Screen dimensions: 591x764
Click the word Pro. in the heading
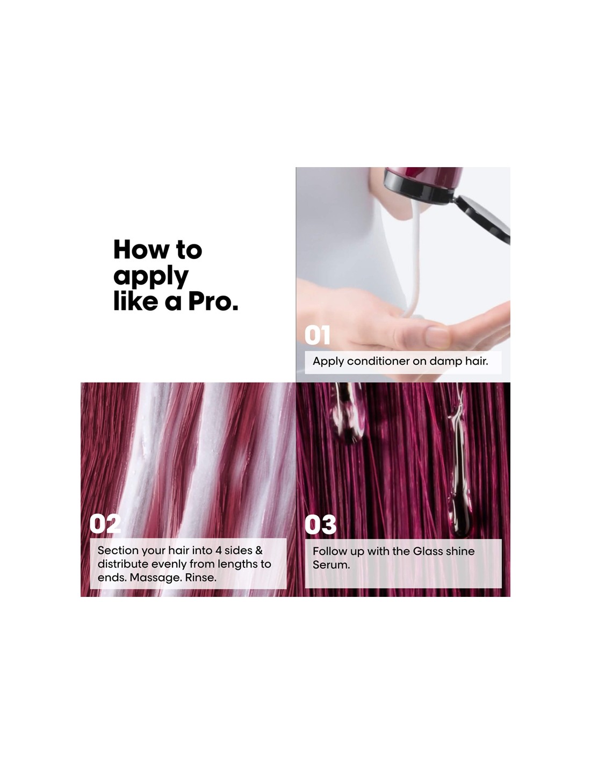[x=213, y=302]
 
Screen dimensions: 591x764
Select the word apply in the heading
[x=151, y=278]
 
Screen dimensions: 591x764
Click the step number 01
[x=317, y=335]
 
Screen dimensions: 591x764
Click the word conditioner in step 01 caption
[x=378, y=362]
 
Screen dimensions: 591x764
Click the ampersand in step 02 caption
[x=259, y=550]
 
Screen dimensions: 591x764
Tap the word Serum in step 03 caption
[x=331, y=565]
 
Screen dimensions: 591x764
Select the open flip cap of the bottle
[x=481, y=219]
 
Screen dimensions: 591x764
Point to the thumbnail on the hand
[x=437, y=336]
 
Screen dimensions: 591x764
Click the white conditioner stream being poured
[x=415, y=260]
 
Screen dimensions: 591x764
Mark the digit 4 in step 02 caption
[x=218, y=550]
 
